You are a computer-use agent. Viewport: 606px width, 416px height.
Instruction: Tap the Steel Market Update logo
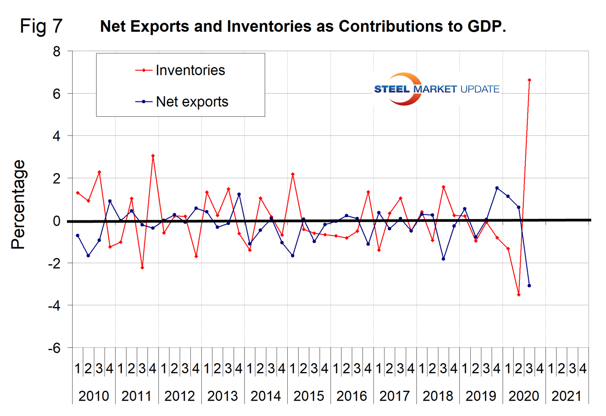(x=436, y=89)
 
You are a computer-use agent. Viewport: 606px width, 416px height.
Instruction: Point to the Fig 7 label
(x=41, y=26)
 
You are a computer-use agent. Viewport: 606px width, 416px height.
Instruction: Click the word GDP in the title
(x=486, y=27)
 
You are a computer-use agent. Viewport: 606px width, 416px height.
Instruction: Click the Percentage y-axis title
(x=18, y=204)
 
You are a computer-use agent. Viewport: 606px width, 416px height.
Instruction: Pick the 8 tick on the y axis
(x=57, y=52)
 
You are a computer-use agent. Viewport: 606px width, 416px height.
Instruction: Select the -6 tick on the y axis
(x=54, y=348)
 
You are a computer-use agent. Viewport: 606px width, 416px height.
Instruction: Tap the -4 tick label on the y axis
(x=54, y=306)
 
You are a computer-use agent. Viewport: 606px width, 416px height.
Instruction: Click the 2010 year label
(x=94, y=396)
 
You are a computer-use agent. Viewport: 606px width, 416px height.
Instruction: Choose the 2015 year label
(x=309, y=396)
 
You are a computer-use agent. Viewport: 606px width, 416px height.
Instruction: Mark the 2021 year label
(x=566, y=396)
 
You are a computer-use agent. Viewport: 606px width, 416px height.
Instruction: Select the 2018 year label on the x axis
(x=438, y=396)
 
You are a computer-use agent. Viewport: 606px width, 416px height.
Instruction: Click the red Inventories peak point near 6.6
(x=529, y=80)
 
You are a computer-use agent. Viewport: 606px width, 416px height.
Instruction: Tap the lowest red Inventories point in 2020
(x=519, y=295)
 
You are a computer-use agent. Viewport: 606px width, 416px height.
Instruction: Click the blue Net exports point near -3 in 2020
(x=529, y=286)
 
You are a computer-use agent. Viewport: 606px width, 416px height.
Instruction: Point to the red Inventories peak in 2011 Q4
(x=153, y=156)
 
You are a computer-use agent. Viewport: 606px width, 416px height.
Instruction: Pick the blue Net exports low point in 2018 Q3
(x=443, y=259)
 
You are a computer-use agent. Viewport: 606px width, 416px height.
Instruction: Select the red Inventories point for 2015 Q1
(x=293, y=174)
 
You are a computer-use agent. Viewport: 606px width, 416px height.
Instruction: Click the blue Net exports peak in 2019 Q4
(x=497, y=188)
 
